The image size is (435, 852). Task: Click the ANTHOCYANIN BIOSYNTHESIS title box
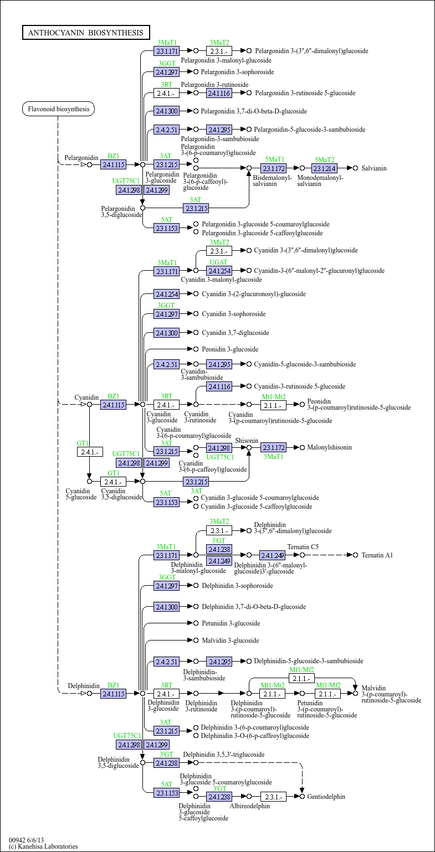pos(86,33)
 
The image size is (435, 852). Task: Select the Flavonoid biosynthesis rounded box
pos(59,109)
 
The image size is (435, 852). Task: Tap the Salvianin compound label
pos(373,168)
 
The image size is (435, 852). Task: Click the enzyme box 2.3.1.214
pos(325,168)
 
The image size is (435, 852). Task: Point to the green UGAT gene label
pos(218,262)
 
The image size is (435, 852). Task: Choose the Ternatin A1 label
pos(377,555)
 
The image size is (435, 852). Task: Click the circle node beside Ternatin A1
pos(355,555)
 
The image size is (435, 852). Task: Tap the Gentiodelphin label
pos(326,796)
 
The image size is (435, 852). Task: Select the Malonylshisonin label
pos(330,447)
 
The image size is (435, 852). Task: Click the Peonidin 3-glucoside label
pos(230,349)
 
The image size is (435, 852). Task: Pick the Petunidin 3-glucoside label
pos(231,623)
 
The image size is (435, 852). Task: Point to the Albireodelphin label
pos(250,805)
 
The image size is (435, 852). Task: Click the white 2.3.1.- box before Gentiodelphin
pos(273,797)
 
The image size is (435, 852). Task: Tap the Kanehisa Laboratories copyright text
pos(43,846)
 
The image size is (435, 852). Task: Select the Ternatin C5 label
pos(303,546)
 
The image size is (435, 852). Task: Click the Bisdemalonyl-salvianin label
pos(273,180)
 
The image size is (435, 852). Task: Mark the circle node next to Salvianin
pos(355,168)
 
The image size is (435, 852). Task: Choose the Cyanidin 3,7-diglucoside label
pos(235,332)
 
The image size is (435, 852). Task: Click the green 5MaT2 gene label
pos(325,160)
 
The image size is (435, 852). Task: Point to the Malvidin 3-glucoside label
pos(231,640)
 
